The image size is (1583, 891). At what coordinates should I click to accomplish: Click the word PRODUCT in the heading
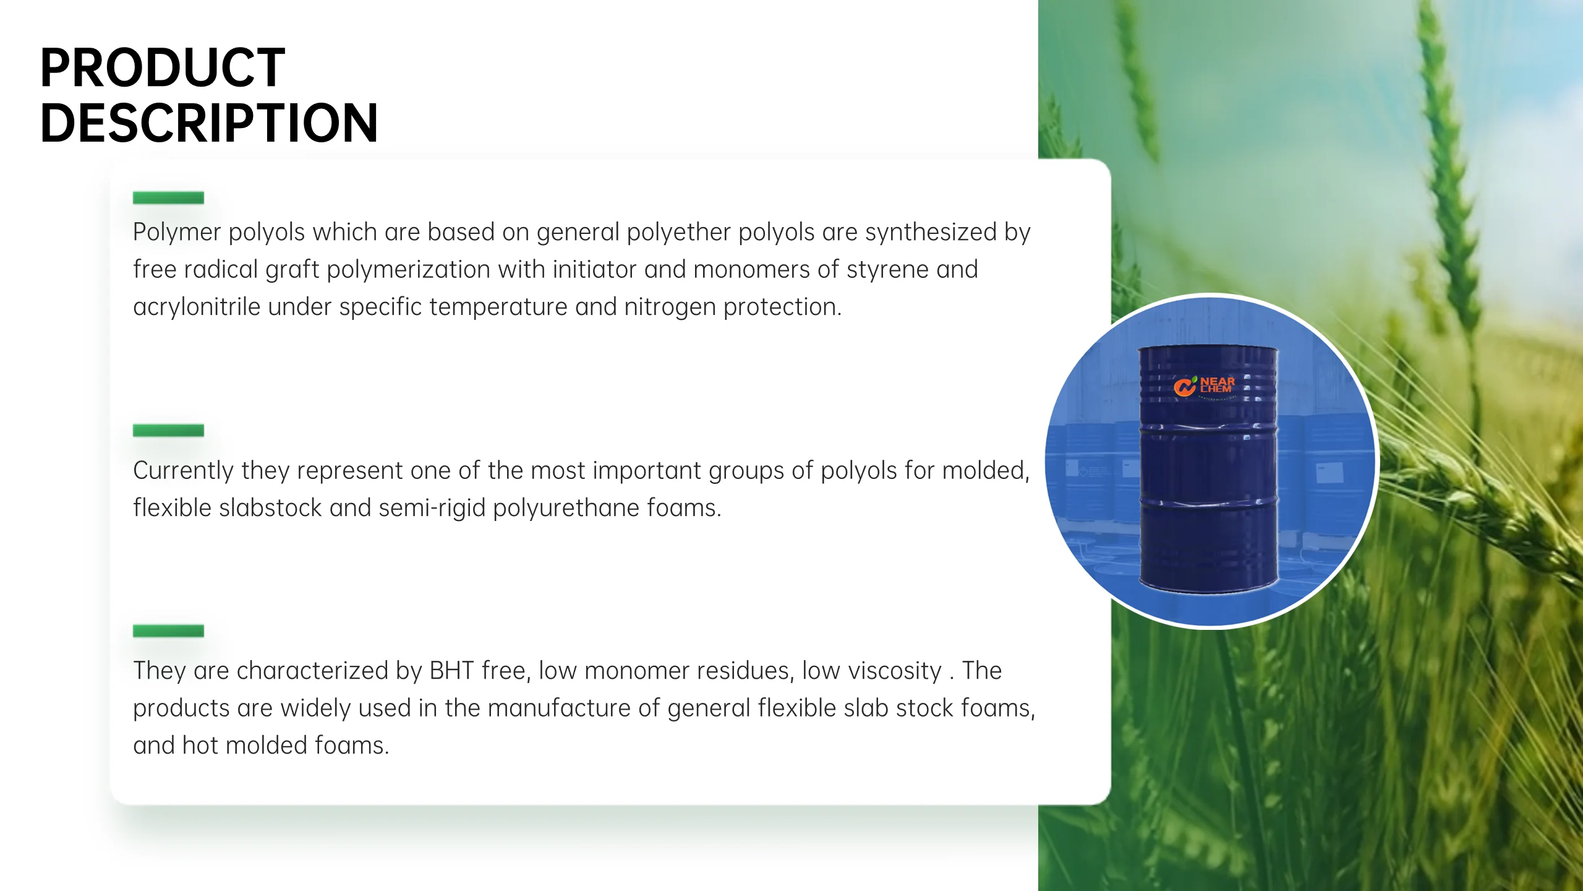coord(163,68)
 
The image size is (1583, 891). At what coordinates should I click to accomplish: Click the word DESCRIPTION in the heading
coord(209,123)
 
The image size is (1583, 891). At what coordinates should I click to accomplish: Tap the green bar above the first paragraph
coord(168,198)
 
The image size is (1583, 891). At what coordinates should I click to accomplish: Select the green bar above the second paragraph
coord(168,431)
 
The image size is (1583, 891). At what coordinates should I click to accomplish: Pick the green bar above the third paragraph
coord(168,631)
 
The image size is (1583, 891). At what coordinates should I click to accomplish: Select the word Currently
coord(183,471)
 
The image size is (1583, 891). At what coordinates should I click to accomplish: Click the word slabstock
coord(270,508)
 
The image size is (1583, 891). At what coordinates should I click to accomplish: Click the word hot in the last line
coord(200,746)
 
